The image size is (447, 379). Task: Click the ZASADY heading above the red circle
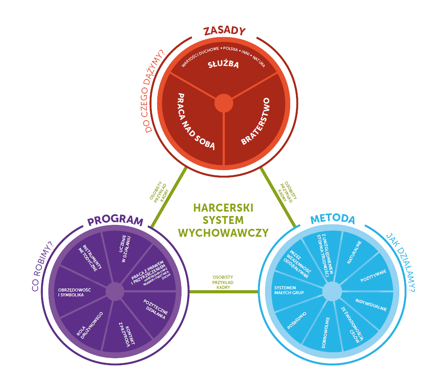point(224,31)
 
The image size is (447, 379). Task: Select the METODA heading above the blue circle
point(332,220)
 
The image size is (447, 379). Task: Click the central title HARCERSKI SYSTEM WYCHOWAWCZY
point(224,220)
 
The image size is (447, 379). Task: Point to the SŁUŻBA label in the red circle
point(223,65)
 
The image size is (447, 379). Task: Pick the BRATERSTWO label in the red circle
point(255,122)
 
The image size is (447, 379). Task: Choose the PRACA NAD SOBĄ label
point(195,121)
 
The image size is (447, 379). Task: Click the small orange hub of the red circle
point(224,104)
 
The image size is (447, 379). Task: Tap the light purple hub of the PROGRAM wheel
point(115,292)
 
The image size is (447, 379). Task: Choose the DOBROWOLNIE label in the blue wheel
point(325,332)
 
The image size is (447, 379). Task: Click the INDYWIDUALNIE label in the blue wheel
point(371,305)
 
